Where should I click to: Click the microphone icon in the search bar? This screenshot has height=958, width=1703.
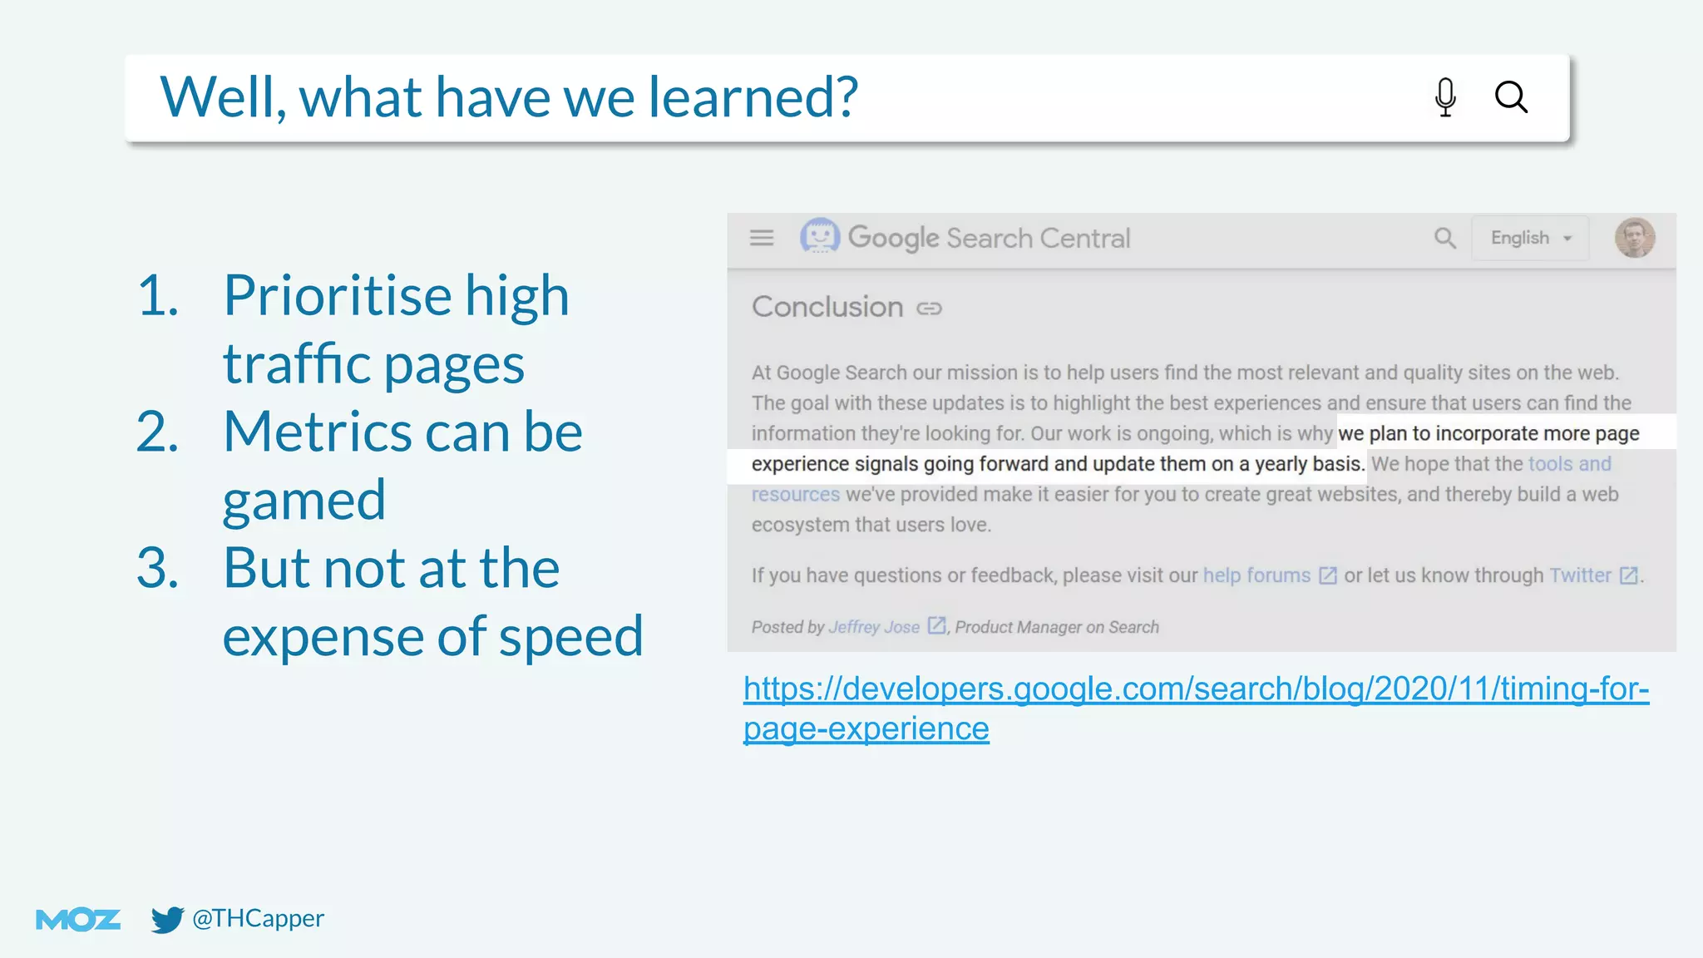1445,97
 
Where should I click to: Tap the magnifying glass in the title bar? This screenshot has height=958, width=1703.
1511,97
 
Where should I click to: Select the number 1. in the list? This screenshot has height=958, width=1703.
158,295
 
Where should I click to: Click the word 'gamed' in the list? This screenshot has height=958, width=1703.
304,501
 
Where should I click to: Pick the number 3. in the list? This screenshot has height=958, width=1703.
158,569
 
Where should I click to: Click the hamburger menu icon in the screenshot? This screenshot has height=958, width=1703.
762,238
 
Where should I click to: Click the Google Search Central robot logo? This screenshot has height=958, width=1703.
820,236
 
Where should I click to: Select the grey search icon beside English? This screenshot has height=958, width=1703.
1445,239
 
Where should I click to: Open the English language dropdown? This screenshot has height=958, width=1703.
1530,238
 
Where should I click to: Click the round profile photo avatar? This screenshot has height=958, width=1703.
1635,238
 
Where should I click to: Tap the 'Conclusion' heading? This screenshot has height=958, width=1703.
827,307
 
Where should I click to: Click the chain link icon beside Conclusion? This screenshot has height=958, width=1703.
929,309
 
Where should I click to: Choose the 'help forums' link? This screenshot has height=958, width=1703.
1256,575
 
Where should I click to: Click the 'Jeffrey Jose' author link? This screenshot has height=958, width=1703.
874,627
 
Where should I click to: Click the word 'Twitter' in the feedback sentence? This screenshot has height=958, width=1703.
1580,575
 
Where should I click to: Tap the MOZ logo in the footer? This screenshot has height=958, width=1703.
78,919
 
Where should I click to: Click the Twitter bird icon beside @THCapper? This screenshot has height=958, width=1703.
167,919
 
